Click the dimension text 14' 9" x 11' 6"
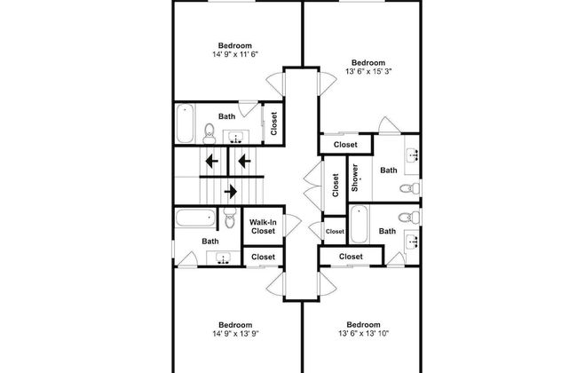point(235,54)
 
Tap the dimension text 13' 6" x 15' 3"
point(368,71)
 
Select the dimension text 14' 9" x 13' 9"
point(235,334)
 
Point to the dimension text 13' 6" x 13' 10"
point(364,333)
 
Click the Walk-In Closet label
point(263,226)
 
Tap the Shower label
point(355,178)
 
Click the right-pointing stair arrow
point(231,192)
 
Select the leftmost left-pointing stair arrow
point(211,161)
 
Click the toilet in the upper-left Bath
point(209,133)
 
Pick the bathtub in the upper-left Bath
point(185,123)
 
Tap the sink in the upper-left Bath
point(235,137)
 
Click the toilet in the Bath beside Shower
point(409,188)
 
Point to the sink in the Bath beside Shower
point(412,155)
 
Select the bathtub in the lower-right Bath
point(359,224)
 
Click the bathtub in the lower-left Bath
point(195,218)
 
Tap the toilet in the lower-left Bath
point(230,218)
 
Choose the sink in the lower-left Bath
point(222,258)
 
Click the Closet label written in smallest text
point(335,231)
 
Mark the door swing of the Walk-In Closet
point(293,225)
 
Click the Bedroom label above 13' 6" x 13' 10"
point(364,324)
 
